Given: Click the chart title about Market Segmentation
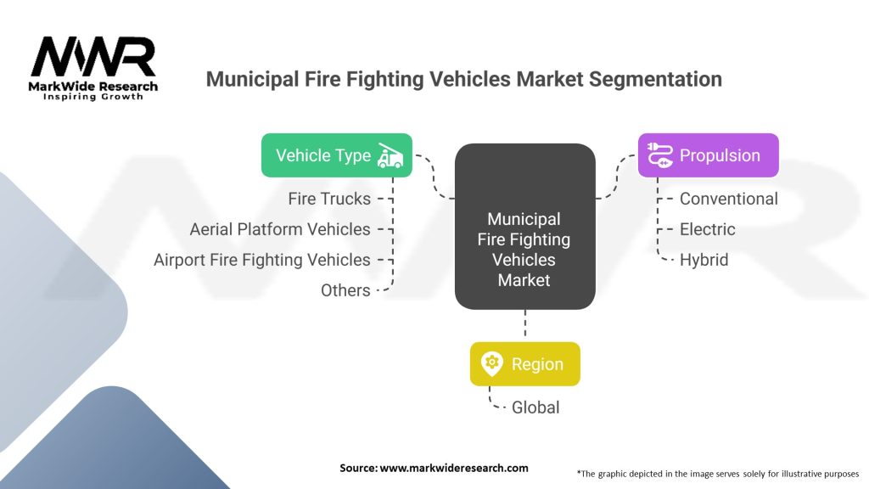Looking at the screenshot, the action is click(464, 80).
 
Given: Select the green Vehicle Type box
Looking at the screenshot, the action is click(336, 155).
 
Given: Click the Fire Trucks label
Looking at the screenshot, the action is click(329, 199).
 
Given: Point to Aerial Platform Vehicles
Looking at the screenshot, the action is click(280, 229).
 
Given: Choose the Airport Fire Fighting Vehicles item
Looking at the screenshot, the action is click(262, 260).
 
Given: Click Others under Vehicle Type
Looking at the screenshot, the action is click(345, 290).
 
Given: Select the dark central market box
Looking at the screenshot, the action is click(524, 227).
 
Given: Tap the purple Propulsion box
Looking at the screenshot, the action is click(708, 155).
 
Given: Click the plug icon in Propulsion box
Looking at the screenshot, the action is click(659, 155).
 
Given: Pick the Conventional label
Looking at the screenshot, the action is click(728, 199).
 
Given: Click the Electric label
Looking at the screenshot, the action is click(707, 229).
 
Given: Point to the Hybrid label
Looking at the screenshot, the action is click(704, 260).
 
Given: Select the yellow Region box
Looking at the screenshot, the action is click(524, 364).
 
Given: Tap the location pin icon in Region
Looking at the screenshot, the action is click(492, 364).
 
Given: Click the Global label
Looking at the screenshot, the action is click(535, 407).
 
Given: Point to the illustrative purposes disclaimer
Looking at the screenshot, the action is click(718, 473).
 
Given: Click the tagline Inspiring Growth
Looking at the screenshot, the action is click(93, 97).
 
